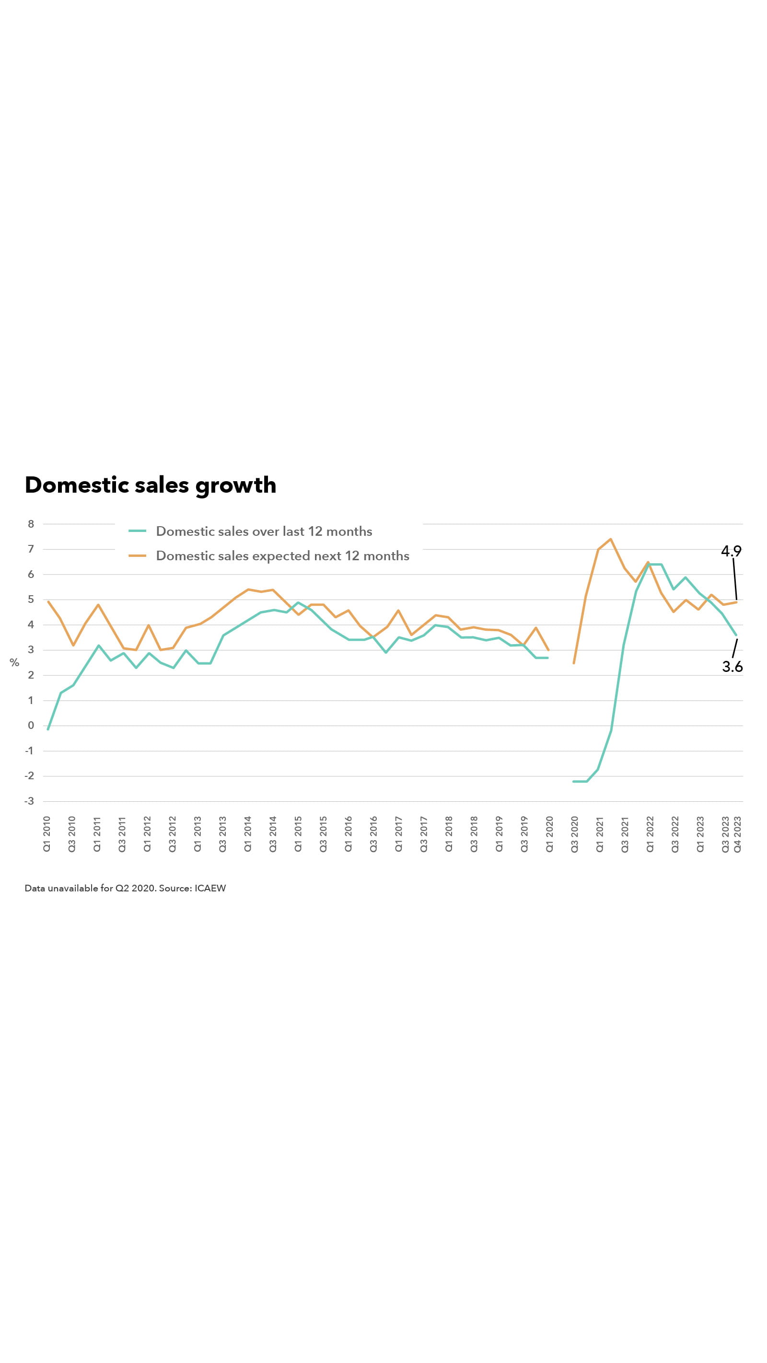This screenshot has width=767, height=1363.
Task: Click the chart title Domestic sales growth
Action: pos(151,485)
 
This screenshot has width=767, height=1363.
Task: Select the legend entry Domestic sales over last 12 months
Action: pos(264,531)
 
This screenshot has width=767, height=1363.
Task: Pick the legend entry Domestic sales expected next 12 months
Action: pos(282,555)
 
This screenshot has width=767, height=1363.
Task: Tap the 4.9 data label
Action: pos(731,551)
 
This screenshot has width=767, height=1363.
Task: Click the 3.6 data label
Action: pos(732,667)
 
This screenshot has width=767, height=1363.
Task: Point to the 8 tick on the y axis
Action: pos(31,524)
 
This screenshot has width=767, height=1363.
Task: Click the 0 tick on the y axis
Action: pos(31,726)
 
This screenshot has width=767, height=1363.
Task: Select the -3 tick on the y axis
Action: pos(29,801)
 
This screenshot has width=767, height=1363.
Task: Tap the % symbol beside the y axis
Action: pos(14,662)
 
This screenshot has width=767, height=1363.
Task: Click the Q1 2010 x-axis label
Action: pos(46,834)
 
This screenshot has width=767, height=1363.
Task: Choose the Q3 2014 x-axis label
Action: pos(273,834)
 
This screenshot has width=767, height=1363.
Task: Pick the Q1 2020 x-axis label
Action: pos(549,834)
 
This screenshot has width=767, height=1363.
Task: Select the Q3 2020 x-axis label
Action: pos(574,834)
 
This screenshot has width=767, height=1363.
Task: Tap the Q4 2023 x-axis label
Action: pos(737,834)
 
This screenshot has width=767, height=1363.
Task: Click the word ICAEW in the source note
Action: pos(210,889)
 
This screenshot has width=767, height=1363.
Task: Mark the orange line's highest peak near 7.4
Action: pos(611,539)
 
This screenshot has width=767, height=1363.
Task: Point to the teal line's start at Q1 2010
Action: pos(48,729)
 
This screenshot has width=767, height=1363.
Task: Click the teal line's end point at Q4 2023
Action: pos(736,635)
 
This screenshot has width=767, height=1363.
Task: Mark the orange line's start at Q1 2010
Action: pos(48,601)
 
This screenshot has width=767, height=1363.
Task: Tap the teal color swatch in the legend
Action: pos(138,531)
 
